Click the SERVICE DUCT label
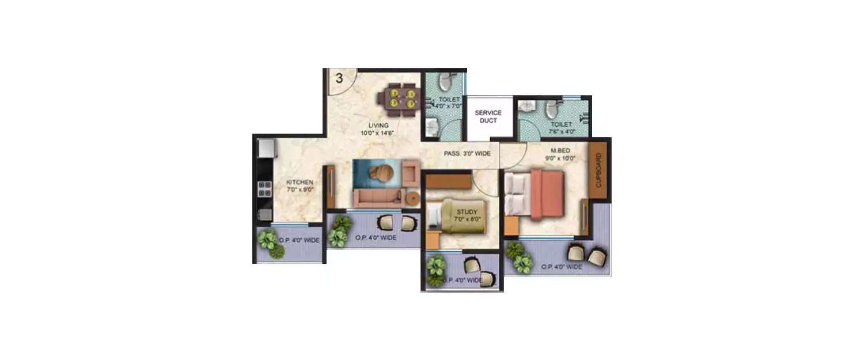point(488,116)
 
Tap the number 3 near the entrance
point(339,79)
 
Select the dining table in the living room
point(401,97)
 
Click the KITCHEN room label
point(300,185)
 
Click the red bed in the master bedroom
point(545,194)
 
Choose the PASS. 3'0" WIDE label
point(467,154)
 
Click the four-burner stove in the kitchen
point(264,188)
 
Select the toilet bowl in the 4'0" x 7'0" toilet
point(444,83)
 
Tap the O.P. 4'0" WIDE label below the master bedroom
point(562,267)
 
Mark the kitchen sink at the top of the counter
point(266,149)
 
